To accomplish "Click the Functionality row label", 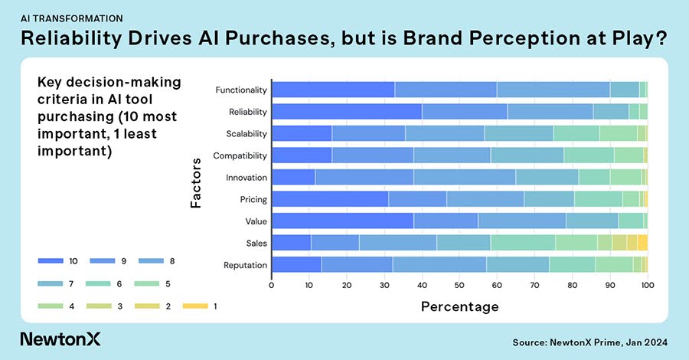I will pos(241,90).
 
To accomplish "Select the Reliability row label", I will pos(248,112).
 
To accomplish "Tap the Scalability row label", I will pos(247,133).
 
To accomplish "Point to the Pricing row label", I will pos(253,199).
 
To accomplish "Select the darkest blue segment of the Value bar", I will pos(342,221).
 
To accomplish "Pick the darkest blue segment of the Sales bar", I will pos(291,243).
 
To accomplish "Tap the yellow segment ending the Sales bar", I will pos(642,243).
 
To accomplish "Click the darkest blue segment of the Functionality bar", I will pos(333,90).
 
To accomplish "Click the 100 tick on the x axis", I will pos(648,286).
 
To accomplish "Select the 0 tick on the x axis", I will pos(272,286).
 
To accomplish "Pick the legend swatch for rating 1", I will pos(194,306).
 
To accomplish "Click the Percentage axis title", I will pos(459,306).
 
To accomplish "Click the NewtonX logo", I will pos(60,339).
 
